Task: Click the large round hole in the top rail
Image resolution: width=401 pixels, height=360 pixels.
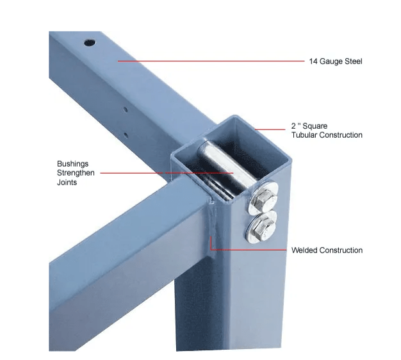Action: [x=90, y=43]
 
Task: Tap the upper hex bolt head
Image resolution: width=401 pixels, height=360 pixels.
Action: [x=264, y=199]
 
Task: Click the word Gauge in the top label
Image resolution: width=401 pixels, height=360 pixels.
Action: [x=331, y=61]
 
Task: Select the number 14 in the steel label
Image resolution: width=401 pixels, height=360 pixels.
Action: [x=313, y=61]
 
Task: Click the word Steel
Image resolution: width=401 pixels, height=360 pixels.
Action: [x=354, y=61]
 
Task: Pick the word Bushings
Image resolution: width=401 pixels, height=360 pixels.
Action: [x=72, y=164]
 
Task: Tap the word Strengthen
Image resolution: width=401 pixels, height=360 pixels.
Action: [x=76, y=173]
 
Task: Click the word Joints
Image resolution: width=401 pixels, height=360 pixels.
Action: [x=67, y=183]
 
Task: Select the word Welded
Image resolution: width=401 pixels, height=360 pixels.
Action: [x=304, y=250]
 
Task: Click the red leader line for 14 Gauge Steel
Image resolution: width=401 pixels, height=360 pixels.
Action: [x=211, y=61]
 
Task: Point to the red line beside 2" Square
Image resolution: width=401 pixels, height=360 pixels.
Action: [x=270, y=129]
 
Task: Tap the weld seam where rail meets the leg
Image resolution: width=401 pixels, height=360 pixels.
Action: [x=212, y=217]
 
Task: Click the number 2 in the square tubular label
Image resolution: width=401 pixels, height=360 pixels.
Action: [x=293, y=126]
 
